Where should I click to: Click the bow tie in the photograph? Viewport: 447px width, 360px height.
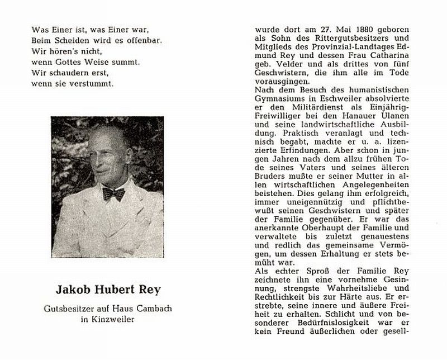(x=113, y=194)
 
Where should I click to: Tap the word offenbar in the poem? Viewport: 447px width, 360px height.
(x=114, y=41)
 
